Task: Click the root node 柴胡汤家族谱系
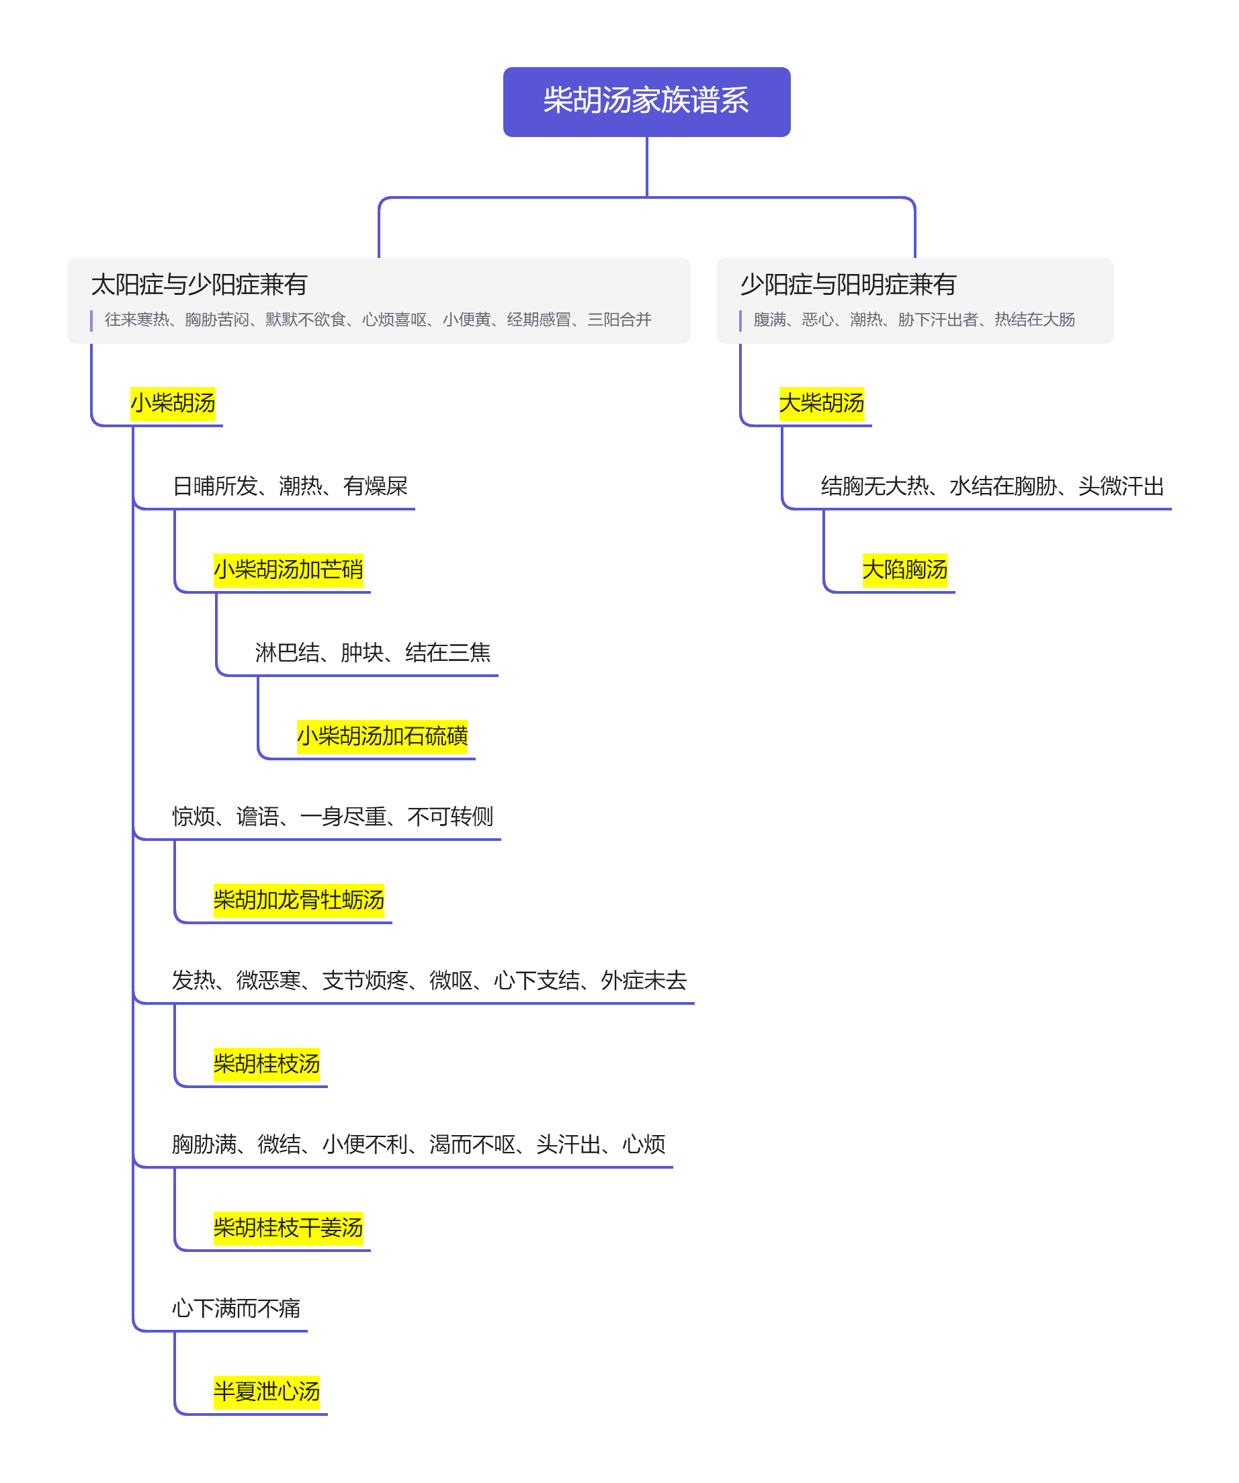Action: click(646, 101)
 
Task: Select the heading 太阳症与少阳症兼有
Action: click(199, 285)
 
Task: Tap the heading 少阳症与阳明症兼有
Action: click(848, 285)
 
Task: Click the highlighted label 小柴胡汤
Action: click(173, 403)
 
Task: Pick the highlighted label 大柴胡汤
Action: click(822, 403)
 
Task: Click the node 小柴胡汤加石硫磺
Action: click(382, 737)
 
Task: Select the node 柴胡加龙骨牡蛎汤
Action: click(299, 901)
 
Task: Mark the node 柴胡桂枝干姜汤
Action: click(288, 1228)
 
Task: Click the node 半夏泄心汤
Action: click(267, 1392)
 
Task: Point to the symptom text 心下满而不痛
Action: click(236, 1308)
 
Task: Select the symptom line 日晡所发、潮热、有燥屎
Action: click(290, 486)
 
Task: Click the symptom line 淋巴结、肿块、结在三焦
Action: click(373, 654)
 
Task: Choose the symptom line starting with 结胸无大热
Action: click(992, 486)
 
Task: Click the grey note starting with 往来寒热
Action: click(378, 320)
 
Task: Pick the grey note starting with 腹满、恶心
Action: click(914, 320)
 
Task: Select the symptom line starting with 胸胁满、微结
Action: click(419, 1144)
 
